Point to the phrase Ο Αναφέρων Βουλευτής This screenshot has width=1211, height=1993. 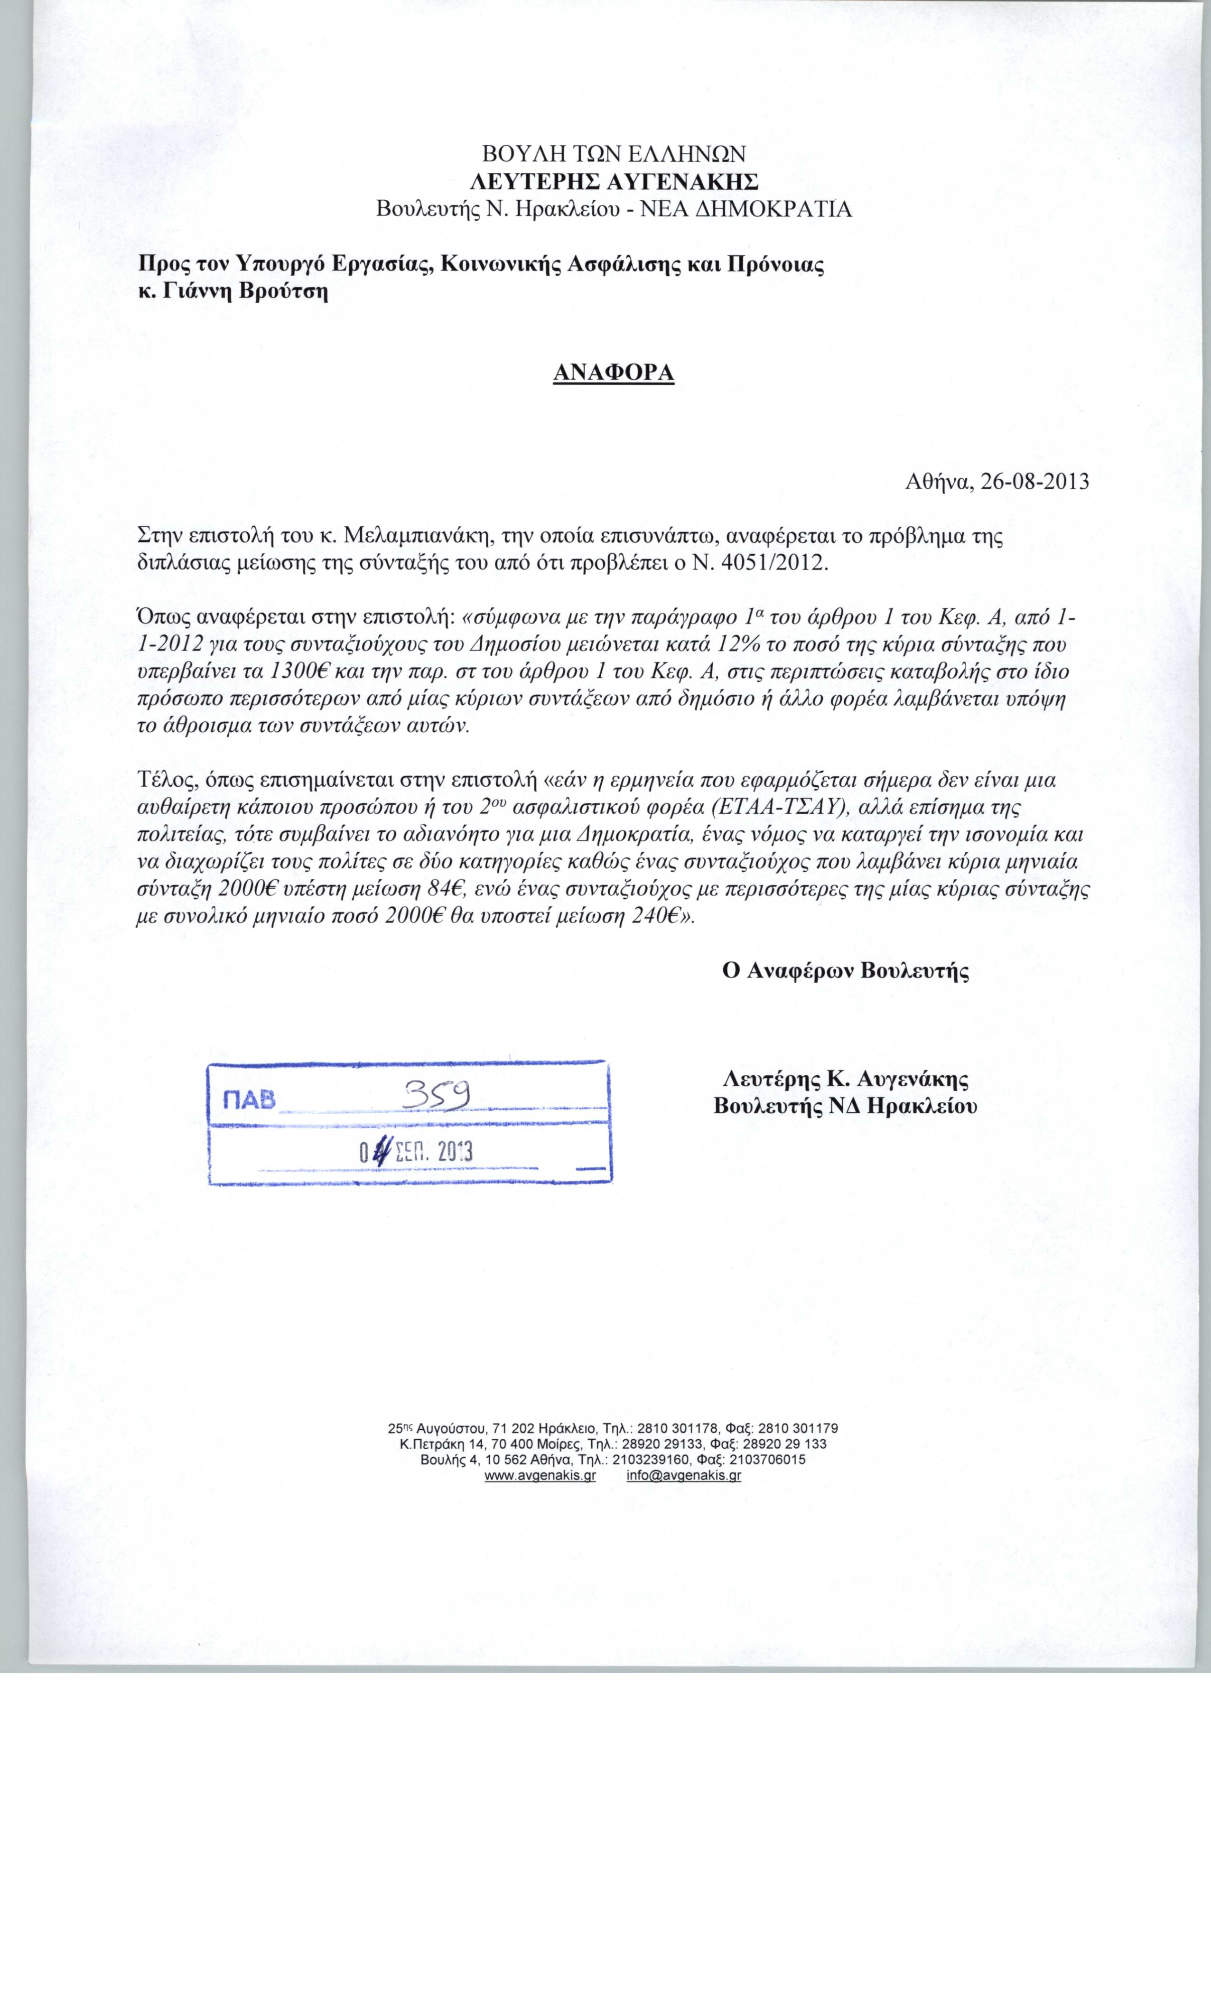[845, 970]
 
